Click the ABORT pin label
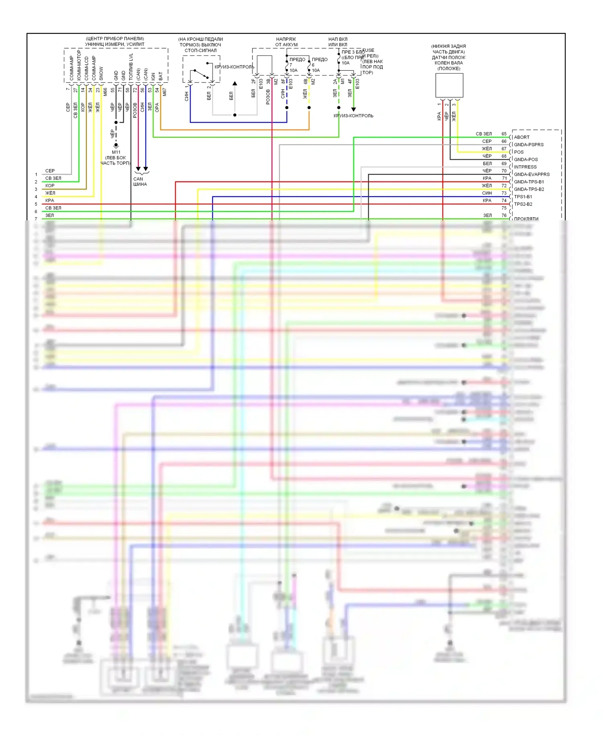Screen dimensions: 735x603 pyautogui.click(x=521, y=137)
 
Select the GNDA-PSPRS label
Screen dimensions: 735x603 pyautogui.click(x=529, y=145)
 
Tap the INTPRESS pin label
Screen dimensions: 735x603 pyautogui.click(x=525, y=167)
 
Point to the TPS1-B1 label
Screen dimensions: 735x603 pyautogui.click(x=523, y=197)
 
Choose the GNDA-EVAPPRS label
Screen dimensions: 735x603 pyautogui.click(x=531, y=175)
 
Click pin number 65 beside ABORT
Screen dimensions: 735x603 pyautogui.click(x=504, y=134)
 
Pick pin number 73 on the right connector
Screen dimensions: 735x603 pyautogui.click(x=504, y=193)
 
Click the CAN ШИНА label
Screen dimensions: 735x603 pyautogui.click(x=140, y=182)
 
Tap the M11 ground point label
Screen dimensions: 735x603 pyautogui.click(x=116, y=152)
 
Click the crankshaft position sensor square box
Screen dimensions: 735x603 pyautogui.click(x=449, y=85)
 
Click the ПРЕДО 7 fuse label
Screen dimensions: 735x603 pyautogui.click(x=297, y=60)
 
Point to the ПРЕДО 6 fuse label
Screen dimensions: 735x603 pyautogui.click(x=319, y=60)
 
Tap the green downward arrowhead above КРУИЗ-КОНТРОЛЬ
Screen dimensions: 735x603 pyautogui.click(x=353, y=109)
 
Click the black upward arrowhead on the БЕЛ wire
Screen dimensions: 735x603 pyautogui.click(x=235, y=84)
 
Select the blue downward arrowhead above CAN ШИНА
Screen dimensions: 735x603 pyautogui.click(x=146, y=169)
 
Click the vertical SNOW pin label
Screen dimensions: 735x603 pyautogui.click(x=101, y=73)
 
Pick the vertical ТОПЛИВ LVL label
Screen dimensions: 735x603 pyautogui.click(x=131, y=66)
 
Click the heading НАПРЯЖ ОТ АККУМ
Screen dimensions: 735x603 pyautogui.click(x=286, y=42)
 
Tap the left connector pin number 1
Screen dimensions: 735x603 pyautogui.click(x=36, y=175)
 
